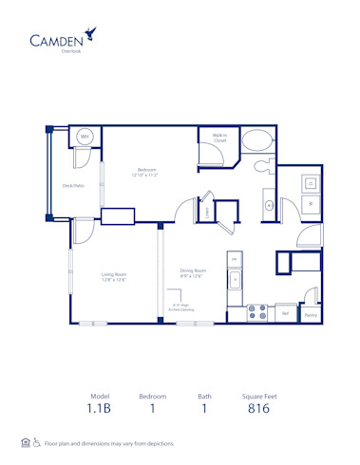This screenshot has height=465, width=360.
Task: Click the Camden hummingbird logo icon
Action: point(89,34)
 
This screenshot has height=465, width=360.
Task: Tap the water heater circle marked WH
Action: point(85,137)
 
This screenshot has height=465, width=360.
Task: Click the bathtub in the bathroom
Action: point(256,143)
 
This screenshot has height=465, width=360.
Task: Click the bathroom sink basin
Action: point(268,203)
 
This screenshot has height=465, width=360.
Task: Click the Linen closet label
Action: point(207,214)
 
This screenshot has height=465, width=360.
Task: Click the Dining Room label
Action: point(193,272)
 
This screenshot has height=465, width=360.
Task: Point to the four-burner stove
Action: point(256,312)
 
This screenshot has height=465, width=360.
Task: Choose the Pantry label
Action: point(311,314)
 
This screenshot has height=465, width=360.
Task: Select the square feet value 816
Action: point(258,409)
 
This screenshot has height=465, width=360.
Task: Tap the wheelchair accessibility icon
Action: point(37,442)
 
